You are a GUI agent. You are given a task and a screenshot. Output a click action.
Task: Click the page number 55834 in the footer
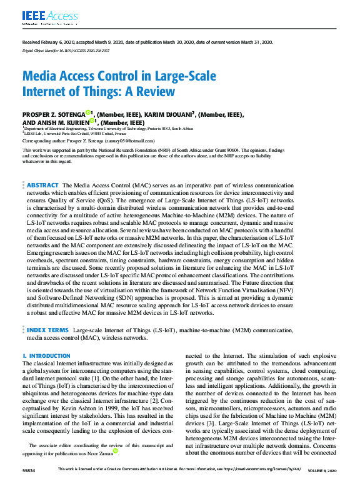pos(29,485)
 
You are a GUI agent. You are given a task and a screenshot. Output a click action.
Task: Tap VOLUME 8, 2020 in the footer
pos(323,485)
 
